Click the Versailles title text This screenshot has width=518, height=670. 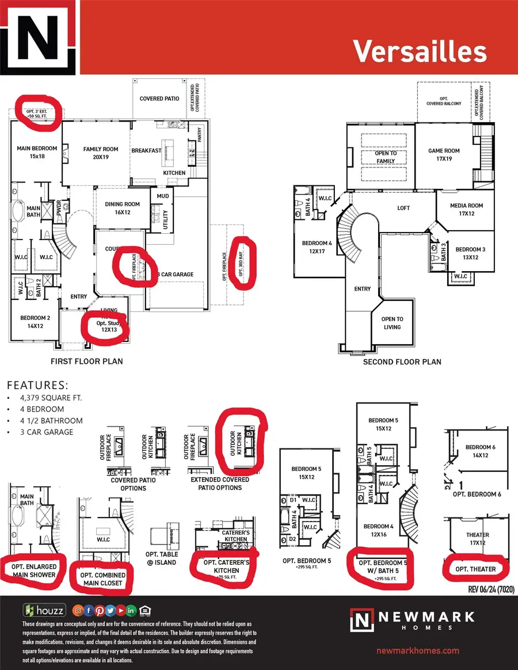420,51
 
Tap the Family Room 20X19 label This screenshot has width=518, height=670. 101,153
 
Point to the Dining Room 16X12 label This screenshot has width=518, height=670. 122,208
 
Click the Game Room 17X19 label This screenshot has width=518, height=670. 443,155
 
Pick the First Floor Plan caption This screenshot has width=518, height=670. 87,361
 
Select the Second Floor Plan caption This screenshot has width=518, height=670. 402,361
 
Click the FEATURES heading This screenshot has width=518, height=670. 37,385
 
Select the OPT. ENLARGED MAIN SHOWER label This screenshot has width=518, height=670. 33,570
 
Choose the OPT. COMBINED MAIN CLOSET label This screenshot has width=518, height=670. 101,579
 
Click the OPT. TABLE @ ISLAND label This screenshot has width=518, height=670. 162,558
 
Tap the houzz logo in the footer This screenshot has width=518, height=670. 44,610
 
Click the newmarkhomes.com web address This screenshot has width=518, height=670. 417,650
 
